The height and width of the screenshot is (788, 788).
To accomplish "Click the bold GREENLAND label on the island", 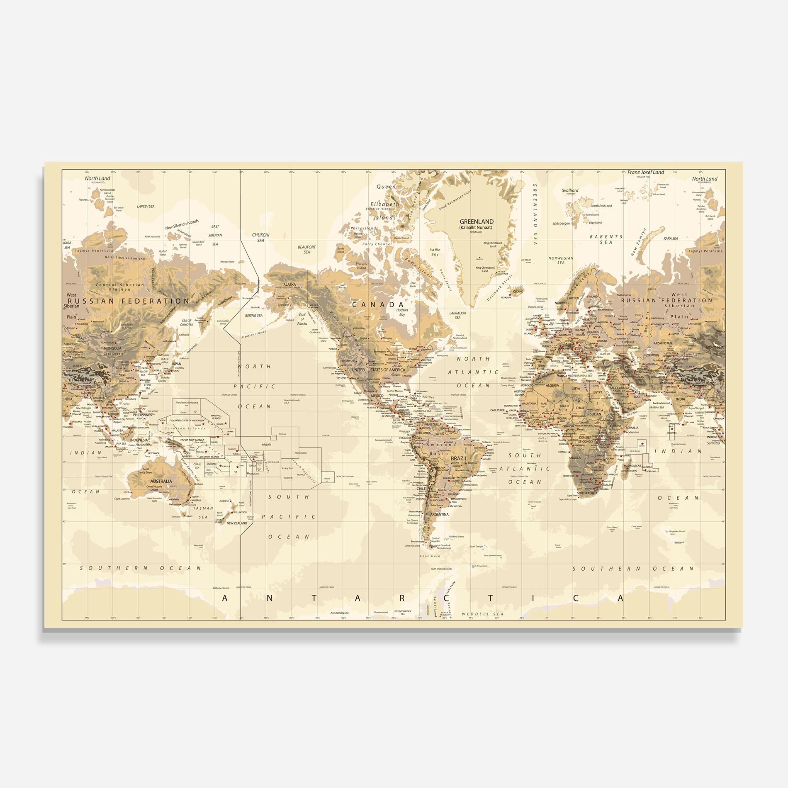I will (476, 221).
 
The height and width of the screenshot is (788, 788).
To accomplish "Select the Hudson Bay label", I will (402, 312).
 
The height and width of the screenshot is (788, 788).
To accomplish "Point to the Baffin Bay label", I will (435, 252).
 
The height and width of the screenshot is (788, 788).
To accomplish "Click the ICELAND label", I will (518, 291).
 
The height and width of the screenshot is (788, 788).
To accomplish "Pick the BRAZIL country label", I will (459, 459).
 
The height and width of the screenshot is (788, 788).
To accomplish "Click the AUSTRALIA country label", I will (161, 481).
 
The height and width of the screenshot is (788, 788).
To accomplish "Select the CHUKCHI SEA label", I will (260, 238).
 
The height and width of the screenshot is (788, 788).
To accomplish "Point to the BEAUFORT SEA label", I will (306, 249).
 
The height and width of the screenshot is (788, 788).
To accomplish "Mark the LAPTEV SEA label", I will (146, 206).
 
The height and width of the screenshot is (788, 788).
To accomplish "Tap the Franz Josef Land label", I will (645, 173).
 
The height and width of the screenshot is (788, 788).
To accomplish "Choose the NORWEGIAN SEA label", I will (561, 260).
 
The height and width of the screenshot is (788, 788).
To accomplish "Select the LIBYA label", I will (576, 389).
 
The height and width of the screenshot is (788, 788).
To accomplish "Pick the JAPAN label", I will (176, 364).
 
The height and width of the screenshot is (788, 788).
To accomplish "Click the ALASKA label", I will (289, 285).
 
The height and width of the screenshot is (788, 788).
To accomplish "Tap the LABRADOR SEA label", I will (457, 315).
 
